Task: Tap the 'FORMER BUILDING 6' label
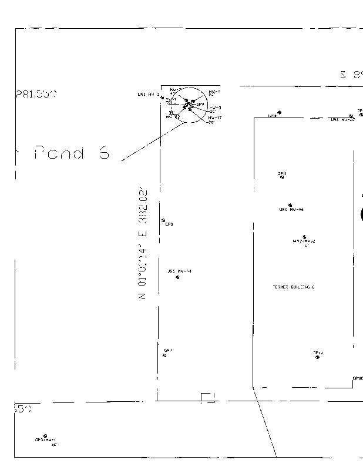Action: click(294, 287)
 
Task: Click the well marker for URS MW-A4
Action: click(177, 277)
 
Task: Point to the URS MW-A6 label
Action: click(291, 209)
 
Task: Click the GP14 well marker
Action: click(317, 357)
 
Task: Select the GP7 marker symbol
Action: click(164, 355)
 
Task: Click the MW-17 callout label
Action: click(215, 118)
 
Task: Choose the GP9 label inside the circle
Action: click(200, 104)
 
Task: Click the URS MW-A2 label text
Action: click(342, 119)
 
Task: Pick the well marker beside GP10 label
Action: click(279, 112)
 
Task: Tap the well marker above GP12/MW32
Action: click(304, 237)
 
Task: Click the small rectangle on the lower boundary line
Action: click(209, 398)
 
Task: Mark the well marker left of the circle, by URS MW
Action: click(162, 97)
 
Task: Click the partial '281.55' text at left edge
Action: click(35, 94)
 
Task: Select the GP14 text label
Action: click(318, 352)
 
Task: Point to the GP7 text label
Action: click(168, 351)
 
